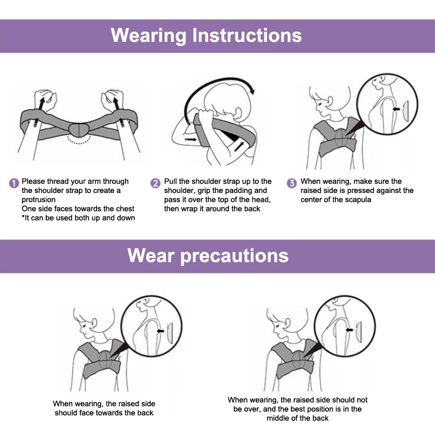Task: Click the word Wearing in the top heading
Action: click(148, 36)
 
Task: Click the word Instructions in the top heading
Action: click(247, 35)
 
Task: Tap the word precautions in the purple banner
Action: click(234, 256)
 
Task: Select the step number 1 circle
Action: click(14, 183)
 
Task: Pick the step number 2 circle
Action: click(156, 183)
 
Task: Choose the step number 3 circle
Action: click(291, 183)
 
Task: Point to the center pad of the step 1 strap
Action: click(79, 130)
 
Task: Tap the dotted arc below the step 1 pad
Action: click(79, 141)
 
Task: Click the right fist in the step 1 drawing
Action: click(113, 100)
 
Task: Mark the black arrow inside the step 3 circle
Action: click(396, 109)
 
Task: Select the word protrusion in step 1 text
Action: click(39, 200)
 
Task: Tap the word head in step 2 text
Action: click(262, 200)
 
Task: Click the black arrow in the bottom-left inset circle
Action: click(160, 331)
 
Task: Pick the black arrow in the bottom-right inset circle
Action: click(349, 330)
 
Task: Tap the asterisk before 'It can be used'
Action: click(23, 216)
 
